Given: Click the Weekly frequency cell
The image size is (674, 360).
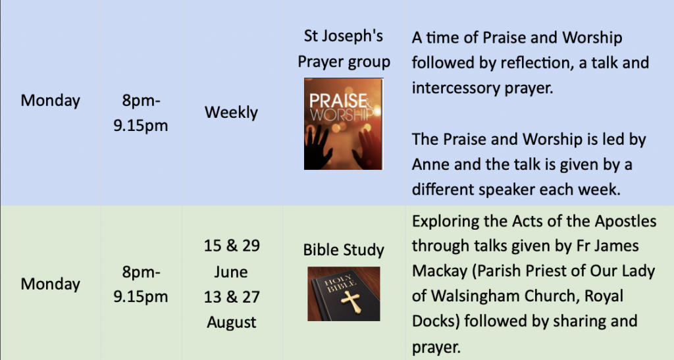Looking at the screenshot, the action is point(231,113).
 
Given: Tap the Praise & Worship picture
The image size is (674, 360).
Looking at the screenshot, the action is point(344,124).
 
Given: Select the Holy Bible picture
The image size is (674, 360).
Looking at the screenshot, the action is point(344,294).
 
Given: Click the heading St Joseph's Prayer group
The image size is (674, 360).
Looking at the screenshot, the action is point(344,49).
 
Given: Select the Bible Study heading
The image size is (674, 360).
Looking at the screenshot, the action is point(344,250).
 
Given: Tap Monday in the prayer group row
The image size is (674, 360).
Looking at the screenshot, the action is point(50,101).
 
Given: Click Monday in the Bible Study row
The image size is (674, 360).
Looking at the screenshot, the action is point(50,284).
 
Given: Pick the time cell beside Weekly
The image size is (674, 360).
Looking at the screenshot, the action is point(141,113).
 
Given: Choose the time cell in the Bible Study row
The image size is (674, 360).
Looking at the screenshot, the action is point(141,284).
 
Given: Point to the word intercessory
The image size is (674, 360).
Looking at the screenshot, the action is point(454,88).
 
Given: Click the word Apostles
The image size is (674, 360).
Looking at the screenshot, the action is point(625,222).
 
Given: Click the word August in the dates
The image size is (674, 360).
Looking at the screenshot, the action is point(231,322).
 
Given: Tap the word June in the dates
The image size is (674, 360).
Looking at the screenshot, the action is point(231,272).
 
